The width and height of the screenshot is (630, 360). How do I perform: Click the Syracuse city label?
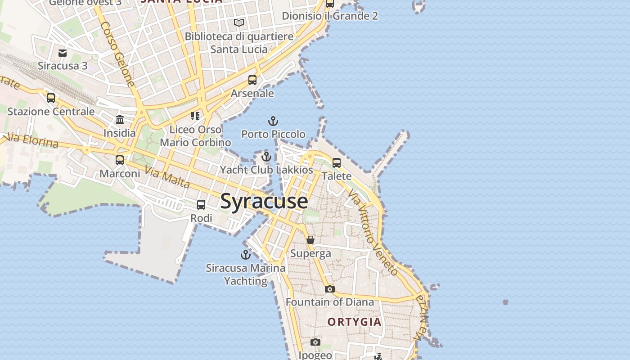264,201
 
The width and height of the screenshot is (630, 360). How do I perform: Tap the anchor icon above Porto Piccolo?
273,121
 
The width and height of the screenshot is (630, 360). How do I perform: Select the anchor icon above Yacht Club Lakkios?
266,157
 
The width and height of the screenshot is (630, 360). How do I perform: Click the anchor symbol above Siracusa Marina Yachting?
245,255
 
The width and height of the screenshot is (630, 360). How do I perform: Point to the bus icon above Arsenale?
252,80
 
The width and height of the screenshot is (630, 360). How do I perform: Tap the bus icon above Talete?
337,163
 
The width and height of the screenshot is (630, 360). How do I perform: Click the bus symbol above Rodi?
201,205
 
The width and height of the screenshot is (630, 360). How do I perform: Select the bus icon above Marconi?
120,160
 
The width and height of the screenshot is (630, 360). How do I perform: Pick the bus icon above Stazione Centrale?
51,98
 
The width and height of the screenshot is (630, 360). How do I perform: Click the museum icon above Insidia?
120,120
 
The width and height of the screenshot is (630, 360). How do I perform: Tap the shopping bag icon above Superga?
310,240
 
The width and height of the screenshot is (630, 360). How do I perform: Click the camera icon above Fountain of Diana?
330,289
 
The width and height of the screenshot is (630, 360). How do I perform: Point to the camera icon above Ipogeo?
315,342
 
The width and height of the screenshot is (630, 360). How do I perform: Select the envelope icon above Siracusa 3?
63,53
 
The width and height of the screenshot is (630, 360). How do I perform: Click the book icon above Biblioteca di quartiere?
239,22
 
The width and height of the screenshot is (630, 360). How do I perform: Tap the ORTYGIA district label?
355,322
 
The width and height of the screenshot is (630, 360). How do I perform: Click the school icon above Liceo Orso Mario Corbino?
195,116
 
